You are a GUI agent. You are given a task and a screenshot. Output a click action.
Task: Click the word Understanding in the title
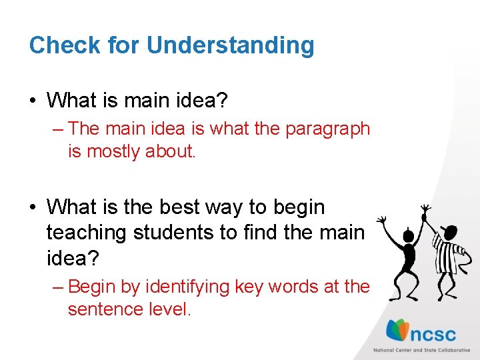(x=230, y=45)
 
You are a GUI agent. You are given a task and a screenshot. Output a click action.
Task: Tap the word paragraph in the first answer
(x=327, y=129)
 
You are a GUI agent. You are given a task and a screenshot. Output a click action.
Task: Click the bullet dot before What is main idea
(x=33, y=101)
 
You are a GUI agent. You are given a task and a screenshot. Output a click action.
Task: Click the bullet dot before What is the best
(x=33, y=208)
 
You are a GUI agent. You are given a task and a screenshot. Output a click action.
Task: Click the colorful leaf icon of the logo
(x=399, y=331)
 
